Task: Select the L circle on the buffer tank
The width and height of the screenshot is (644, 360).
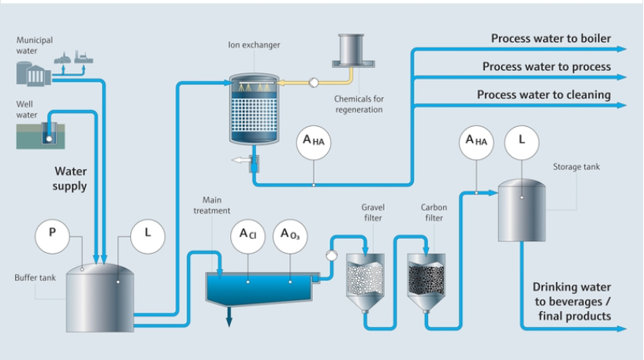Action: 147,235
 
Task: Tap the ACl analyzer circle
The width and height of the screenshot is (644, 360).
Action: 247,237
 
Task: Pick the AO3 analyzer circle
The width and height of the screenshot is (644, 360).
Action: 290,237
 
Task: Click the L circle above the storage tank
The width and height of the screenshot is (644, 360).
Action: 522,143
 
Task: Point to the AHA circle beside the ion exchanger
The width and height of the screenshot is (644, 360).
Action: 313,143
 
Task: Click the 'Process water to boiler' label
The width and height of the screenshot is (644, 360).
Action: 551,38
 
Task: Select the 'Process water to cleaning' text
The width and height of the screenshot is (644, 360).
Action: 544,95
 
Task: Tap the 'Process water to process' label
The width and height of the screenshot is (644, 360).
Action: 546,67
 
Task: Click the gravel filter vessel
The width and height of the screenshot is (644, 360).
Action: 365,280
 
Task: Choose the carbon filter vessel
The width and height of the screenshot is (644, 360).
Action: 426,280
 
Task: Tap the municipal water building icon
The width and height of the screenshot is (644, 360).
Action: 33,72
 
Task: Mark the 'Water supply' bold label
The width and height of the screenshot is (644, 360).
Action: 70,178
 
